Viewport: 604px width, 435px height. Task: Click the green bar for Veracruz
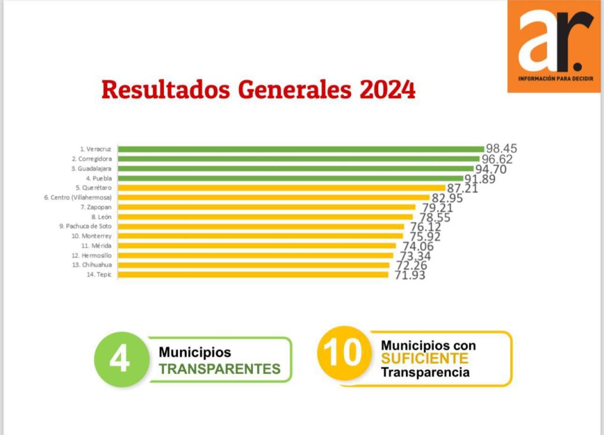[x=301, y=149]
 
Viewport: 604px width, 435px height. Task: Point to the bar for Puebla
[x=291, y=178]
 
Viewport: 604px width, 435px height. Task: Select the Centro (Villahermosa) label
[x=78, y=197]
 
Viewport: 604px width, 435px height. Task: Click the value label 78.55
[x=435, y=218]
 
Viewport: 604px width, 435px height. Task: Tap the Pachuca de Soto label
[x=85, y=226]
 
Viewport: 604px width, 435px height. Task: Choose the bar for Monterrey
[x=260, y=236]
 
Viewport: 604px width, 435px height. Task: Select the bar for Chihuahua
[x=254, y=265]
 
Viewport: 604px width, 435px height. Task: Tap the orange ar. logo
[x=553, y=45]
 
